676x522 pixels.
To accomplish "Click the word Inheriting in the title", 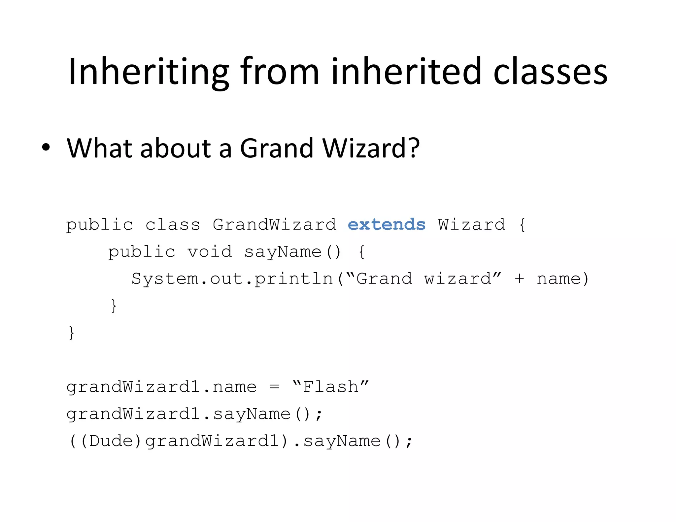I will [149, 72].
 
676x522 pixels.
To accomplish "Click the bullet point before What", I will [46, 147].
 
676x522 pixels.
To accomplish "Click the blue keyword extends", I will [387, 225].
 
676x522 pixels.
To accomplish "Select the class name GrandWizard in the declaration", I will [274, 225].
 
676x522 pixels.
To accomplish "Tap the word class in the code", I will [173, 225].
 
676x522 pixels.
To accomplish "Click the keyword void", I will [210, 252].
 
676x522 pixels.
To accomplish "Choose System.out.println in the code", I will [232, 279].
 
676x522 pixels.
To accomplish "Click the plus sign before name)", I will [519, 279].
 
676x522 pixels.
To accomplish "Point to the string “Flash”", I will [330, 387].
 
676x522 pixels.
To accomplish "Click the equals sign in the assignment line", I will [274, 387].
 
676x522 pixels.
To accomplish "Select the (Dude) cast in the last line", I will [111, 441].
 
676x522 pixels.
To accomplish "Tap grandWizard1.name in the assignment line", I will [161, 387].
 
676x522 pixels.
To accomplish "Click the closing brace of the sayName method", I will [114, 306].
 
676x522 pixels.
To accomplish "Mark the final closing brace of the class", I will [71, 333].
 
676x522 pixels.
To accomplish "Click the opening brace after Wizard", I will [522, 225].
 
